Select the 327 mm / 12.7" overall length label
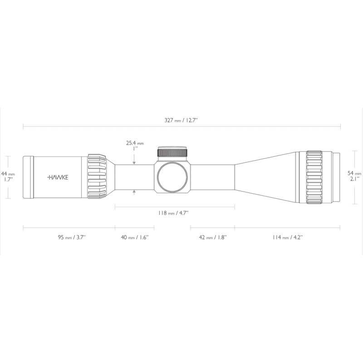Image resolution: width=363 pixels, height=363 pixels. pyautogui.click(x=181, y=120)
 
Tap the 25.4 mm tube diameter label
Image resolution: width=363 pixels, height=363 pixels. pyautogui.click(x=135, y=143)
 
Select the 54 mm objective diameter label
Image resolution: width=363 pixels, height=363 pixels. pyautogui.click(x=354, y=173)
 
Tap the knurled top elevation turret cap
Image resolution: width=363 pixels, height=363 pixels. pyautogui.click(x=172, y=152)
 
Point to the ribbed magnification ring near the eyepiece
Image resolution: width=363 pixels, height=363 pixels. pyautogui.click(x=97, y=177)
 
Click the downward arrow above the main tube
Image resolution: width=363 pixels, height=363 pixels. pyautogui.click(x=134, y=162)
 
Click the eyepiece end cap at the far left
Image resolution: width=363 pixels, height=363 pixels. pyautogui.click(x=28, y=177)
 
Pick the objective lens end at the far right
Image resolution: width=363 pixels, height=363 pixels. pyautogui.click(x=336, y=176)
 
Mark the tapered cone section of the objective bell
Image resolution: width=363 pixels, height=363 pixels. pyautogui.click(x=265, y=177)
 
